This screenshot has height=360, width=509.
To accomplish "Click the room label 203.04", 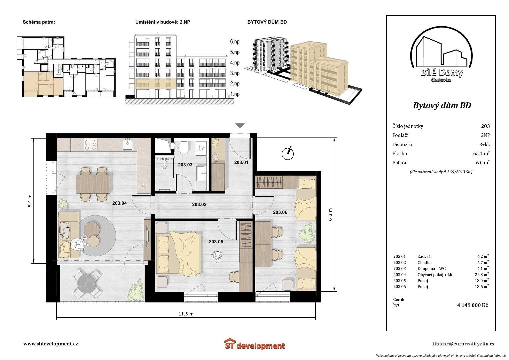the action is tap(119, 203).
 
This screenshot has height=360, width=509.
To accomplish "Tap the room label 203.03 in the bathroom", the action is tap(185, 165).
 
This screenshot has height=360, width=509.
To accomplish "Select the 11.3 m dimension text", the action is tap(186, 314).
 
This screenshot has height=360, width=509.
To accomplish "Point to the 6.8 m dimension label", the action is tap(330, 214).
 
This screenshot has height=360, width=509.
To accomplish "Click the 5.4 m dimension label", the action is tap(30, 201).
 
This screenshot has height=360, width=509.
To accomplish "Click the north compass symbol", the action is tap(288, 153).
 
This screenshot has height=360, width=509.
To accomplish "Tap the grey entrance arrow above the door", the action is tap(240, 125).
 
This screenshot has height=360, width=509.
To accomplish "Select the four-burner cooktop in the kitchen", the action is tap(91, 145).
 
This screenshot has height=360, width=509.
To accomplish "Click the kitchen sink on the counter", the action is tap(128, 144).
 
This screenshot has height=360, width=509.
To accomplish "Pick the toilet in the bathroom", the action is tap(183, 147).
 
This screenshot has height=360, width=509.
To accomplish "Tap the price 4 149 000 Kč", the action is tap(472, 305).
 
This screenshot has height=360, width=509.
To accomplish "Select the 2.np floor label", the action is tap(235, 84).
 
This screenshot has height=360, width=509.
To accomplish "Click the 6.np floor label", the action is tap(235, 42).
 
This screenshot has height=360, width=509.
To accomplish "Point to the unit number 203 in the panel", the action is tap(485, 126).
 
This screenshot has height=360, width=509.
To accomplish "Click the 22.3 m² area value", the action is tap(482, 274).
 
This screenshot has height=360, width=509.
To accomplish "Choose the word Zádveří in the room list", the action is tap(424, 256).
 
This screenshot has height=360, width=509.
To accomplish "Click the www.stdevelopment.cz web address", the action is tap(51, 344).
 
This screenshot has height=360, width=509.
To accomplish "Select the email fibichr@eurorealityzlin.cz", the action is tap(464, 344).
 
